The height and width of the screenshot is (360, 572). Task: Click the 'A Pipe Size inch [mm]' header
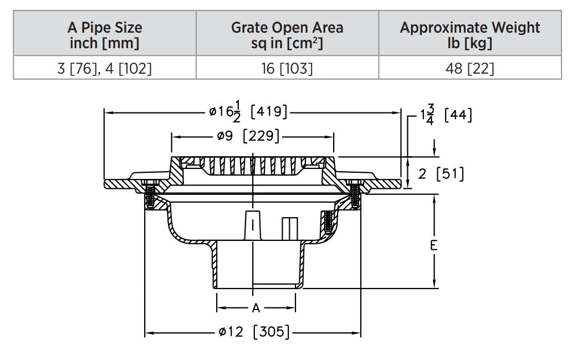(x=105, y=35)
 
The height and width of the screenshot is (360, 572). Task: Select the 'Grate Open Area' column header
(x=287, y=35)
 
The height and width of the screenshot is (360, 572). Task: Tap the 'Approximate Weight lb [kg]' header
(x=469, y=35)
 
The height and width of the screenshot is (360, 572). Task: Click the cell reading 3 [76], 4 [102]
(x=105, y=69)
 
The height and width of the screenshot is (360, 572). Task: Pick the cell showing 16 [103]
(x=287, y=69)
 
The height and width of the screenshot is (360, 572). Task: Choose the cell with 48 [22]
(x=469, y=69)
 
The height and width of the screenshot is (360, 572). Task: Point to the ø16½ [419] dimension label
(x=248, y=112)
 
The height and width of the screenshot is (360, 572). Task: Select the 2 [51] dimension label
(x=441, y=174)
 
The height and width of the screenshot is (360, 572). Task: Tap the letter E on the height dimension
(x=433, y=245)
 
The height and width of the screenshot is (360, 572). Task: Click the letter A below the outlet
(x=256, y=308)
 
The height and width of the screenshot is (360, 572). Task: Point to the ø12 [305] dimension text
(x=253, y=333)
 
